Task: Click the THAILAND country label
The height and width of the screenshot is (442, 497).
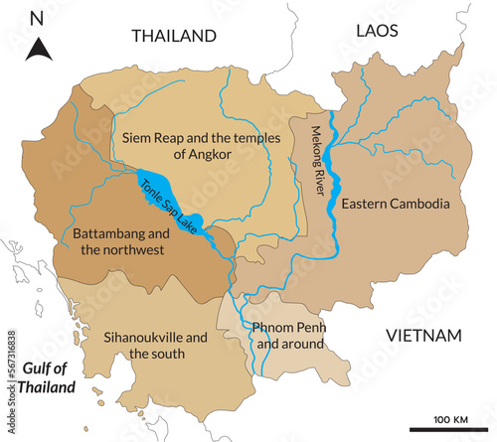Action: [174, 36]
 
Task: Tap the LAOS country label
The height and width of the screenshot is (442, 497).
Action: [378, 32]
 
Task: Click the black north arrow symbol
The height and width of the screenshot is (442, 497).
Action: [37, 48]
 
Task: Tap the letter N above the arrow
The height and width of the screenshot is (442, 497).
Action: [37, 18]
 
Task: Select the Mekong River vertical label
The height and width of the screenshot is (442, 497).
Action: [318, 161]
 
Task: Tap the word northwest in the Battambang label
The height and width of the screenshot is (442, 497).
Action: [141, 250]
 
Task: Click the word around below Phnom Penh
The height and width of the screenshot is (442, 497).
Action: [302, 344]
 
